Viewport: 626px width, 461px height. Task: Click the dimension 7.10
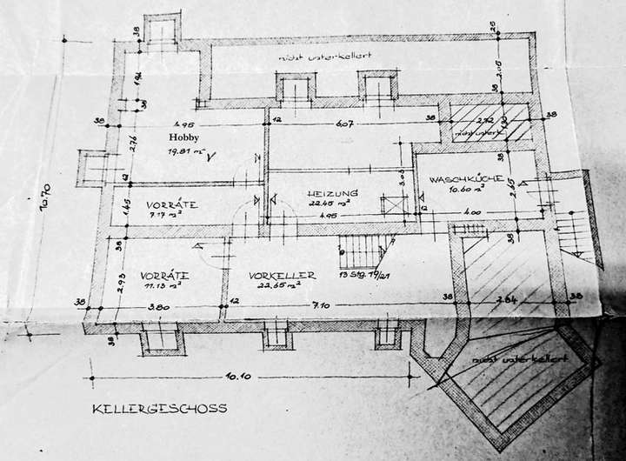(x=337, y=306)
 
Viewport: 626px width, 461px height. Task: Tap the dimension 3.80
(x=159, y=306)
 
